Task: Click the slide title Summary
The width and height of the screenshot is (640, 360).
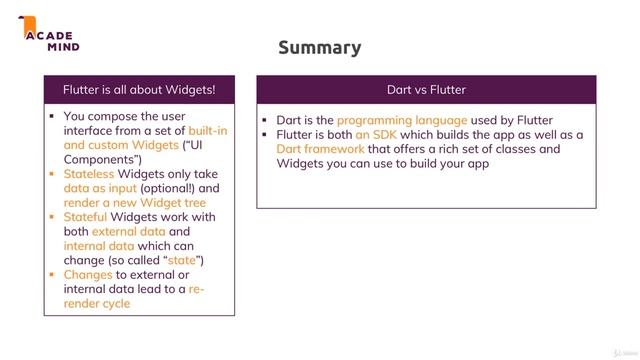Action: pos(319,48)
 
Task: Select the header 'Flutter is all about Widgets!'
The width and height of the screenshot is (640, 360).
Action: pos(139,90)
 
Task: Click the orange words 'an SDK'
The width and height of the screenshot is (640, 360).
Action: pos(375,135)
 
